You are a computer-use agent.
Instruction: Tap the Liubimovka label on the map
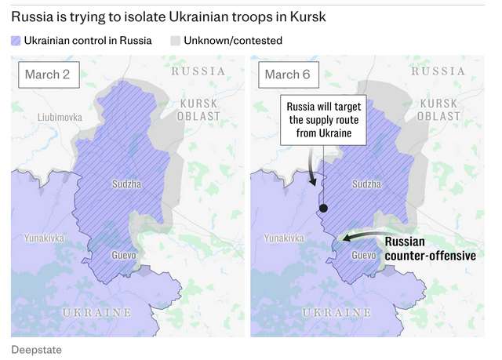click(60, 118)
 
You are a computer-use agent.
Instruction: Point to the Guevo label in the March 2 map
click(124, 256)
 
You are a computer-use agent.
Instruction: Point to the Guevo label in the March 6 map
click(363, 256)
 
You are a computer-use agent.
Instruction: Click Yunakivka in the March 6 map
click(284, 237)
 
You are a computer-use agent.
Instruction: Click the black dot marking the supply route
click(322, 209)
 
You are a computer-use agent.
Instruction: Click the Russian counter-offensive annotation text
click(431, 248)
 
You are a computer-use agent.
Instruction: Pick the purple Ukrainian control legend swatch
click(16, 40)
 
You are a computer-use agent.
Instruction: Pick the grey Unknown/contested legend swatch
click(176, 40)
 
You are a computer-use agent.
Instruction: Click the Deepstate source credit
click(36, 347)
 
